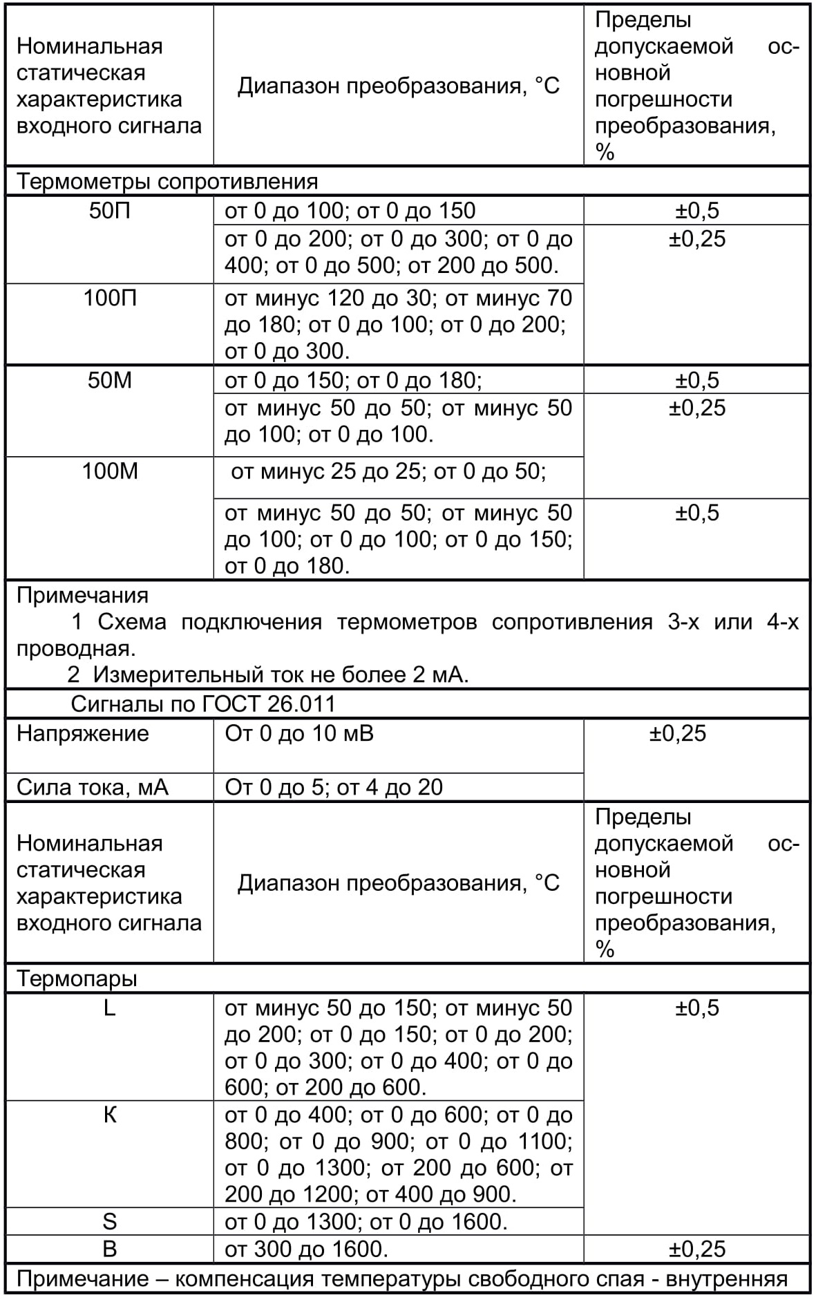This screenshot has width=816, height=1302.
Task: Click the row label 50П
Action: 109,211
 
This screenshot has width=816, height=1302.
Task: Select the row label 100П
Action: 109,299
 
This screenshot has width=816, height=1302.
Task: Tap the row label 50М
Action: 109,381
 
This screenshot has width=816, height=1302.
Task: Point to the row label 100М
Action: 109,471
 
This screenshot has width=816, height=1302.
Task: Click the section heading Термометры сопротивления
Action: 167,182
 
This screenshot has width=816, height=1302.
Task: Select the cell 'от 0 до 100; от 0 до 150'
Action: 350,211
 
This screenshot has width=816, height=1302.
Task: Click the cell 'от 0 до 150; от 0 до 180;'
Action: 353,381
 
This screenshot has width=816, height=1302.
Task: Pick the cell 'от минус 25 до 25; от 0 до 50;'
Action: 388,471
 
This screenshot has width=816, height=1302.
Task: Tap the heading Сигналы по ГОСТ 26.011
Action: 203,704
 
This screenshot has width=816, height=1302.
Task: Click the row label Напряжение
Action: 83,733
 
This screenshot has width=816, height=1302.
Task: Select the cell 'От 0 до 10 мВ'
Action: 299,733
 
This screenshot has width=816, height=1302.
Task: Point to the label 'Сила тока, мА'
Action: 93,788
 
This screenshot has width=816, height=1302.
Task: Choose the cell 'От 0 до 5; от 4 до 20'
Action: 334,788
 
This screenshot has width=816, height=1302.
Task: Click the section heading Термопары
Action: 77,979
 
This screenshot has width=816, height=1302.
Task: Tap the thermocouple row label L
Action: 109,1008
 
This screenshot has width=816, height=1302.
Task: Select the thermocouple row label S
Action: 109,1222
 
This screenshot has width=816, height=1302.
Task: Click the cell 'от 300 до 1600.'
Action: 306,1249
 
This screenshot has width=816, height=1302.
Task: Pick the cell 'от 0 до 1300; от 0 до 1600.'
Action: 366,1222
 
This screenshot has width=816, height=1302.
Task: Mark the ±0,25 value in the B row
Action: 696,1249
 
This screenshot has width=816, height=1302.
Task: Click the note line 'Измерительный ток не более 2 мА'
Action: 268,674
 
